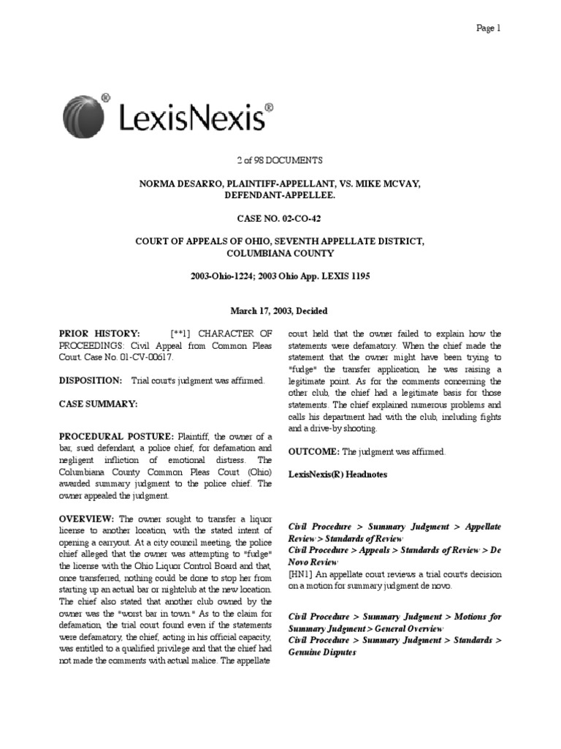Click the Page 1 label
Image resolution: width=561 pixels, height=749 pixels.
coord(487,29)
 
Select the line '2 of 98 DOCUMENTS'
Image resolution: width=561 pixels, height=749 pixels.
coord(280,159)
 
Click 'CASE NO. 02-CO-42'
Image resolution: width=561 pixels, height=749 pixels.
coord(280,218)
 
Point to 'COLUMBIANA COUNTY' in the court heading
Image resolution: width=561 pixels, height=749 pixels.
coord(280,253)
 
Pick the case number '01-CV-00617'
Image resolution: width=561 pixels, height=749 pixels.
coord(150,358)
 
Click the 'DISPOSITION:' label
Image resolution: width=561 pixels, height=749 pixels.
coord(91,381)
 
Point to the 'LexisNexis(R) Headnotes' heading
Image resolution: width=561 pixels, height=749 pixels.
coord(338,474)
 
